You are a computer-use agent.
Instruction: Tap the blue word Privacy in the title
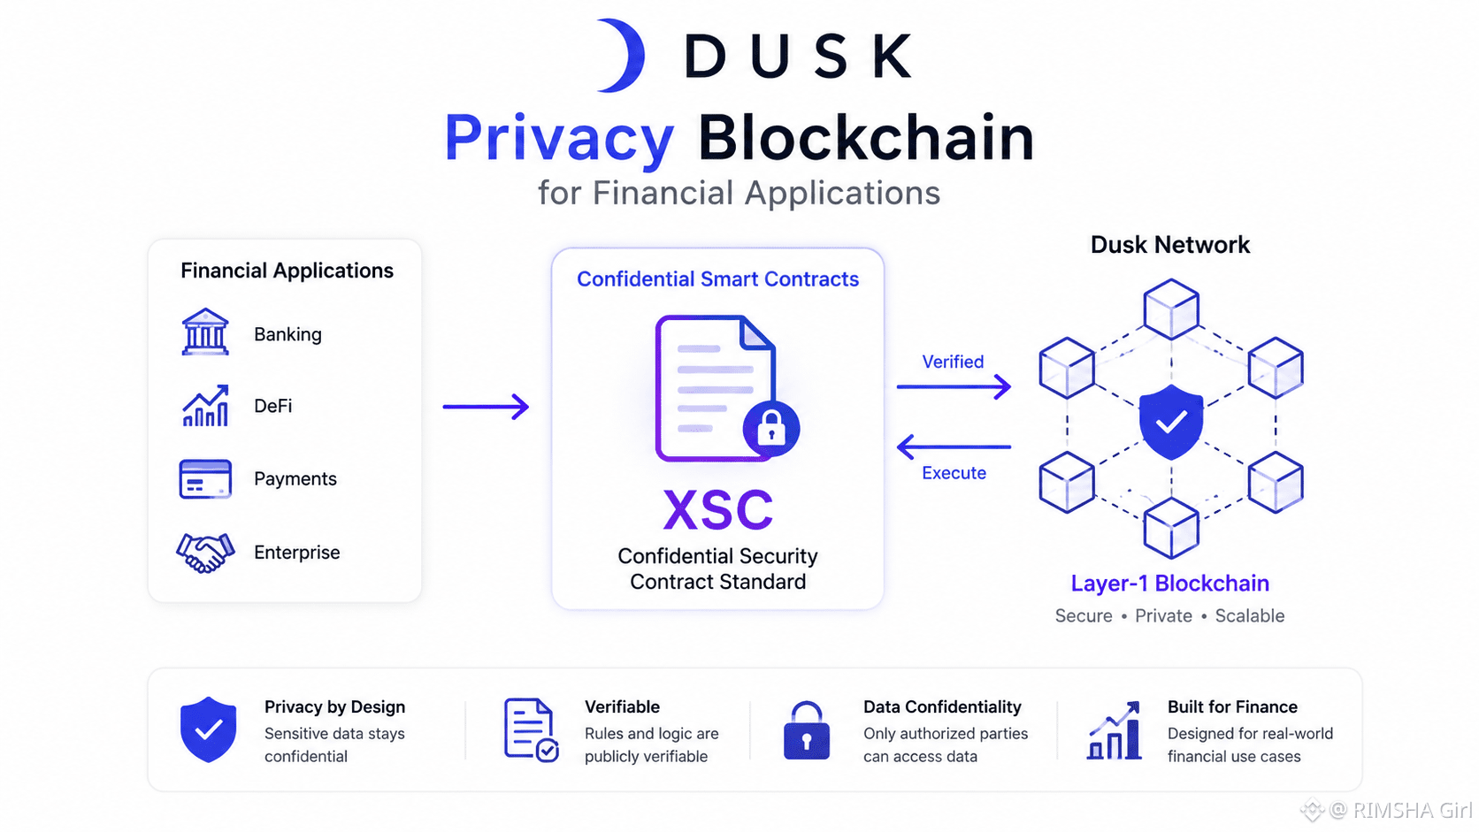click(x=559, y=139)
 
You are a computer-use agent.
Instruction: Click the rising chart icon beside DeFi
click(x=205, y=405)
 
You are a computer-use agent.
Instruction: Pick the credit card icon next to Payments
click(x=205, y=478)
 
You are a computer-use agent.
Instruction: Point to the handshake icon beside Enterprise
click(x=205, y=553)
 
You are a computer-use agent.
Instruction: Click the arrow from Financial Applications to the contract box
click(x=486, y=407)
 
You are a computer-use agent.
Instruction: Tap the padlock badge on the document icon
click(x=771, y=429)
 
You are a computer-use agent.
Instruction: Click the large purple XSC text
click(x=717, y=509)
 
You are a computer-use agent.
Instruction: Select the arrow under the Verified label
click(x=954, y=386)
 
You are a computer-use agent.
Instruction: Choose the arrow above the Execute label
click(x=954, y=447)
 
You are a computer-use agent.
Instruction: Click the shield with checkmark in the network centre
click(x=1170, y=423)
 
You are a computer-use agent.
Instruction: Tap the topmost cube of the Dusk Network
click(x=1171, y=309)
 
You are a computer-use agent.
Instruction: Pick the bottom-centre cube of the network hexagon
click(x=1171, y=528)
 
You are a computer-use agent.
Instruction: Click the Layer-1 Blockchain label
click(x=1170, y=584)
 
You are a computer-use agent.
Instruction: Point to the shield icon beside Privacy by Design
click(x=208, y=729)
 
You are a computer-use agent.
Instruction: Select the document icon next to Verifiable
click(x=531, y=730)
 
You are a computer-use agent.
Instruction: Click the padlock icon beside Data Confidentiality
click(x=806, y=730)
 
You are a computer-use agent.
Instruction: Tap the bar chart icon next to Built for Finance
click(x=1115, y=730)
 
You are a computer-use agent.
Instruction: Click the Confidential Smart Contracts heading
click(x=717, y=279)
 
